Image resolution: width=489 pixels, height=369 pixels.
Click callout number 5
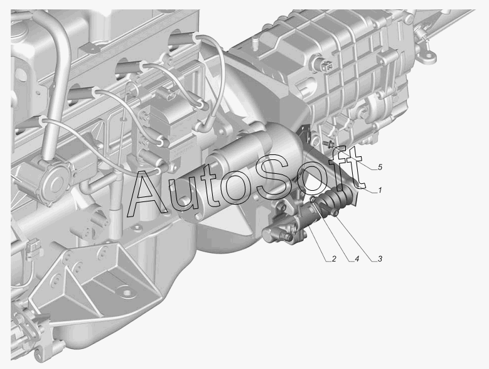[380, 168]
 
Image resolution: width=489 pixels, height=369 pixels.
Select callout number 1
[380, 190]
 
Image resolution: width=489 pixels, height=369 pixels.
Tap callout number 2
[334, 259]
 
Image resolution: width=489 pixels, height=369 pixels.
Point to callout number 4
[357, 259]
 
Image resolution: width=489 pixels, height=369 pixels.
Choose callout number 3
[380, 259]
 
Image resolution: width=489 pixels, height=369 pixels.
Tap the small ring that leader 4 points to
[313, 200]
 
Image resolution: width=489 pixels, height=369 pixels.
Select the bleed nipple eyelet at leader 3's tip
[335, 213]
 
